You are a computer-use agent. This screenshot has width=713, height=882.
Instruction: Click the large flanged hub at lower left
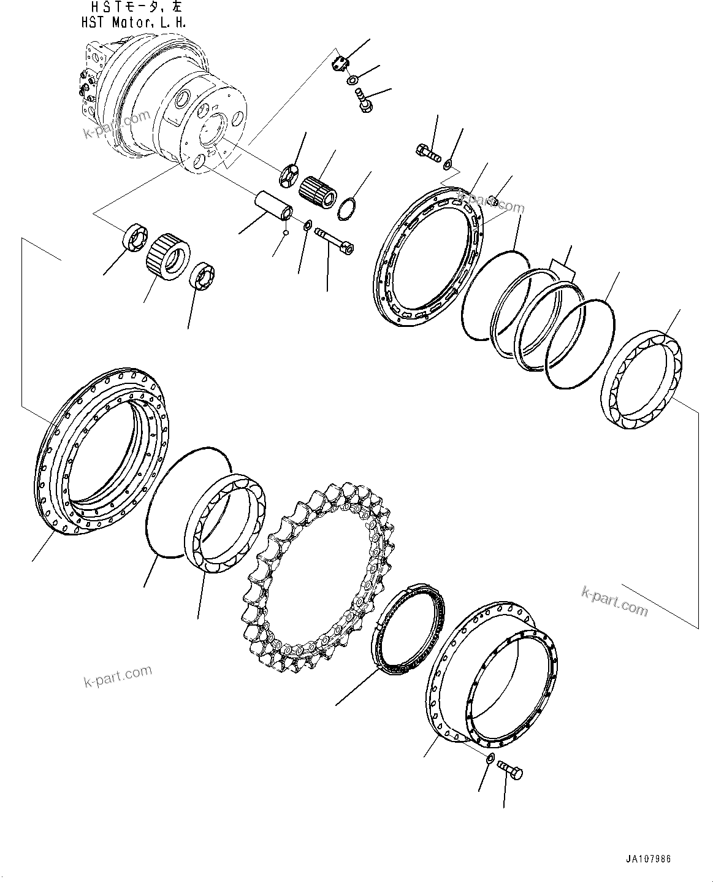pyautogui.click(x=101, y=454)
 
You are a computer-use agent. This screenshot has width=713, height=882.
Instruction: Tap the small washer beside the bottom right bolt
pyautogui.click(x=489, y=759)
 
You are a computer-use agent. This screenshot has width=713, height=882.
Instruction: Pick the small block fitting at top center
pyautogui.click(x=341, y=63)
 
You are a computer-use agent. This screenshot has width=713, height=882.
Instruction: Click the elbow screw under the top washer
pyautogui.click(x=362, y=101)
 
